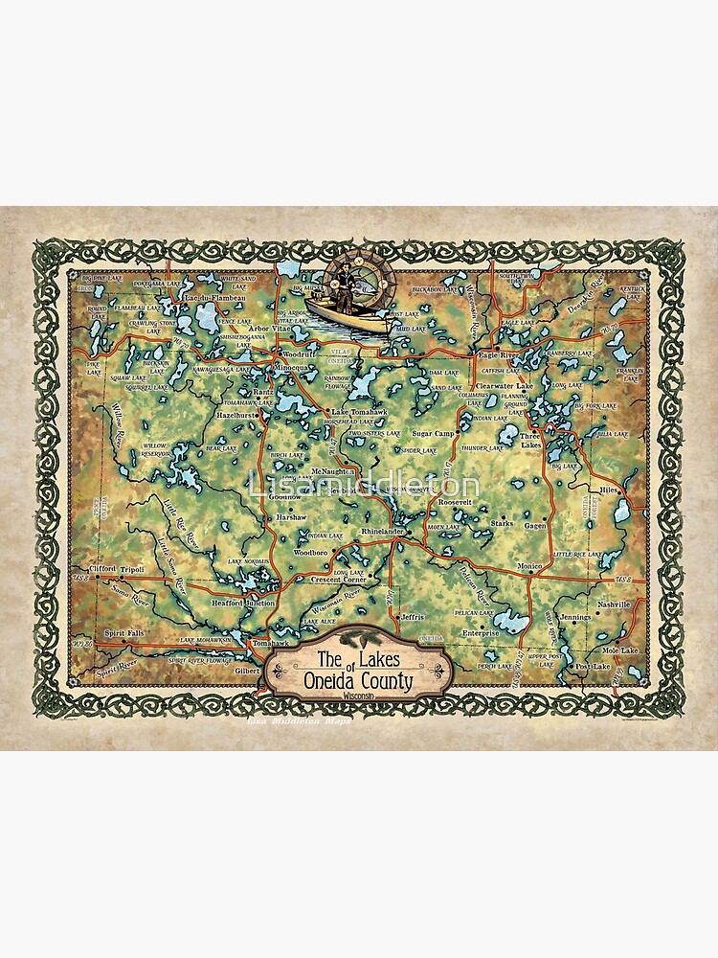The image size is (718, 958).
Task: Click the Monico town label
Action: coord(528,566)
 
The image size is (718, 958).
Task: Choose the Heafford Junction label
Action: coord(243,603)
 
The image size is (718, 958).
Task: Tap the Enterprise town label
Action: coord(481,632)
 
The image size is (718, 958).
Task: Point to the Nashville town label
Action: coord(613,604)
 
